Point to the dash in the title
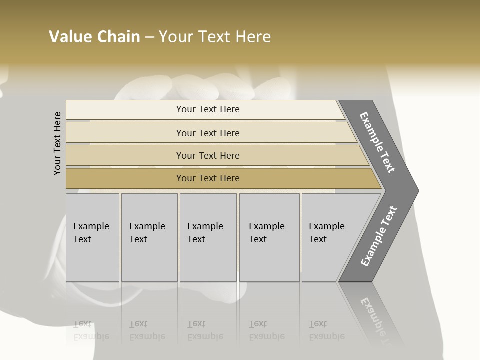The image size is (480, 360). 149,37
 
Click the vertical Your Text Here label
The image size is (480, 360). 57,144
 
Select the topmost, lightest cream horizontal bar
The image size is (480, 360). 207,109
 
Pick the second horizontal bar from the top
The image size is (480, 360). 207,133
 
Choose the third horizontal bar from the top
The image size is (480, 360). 207,155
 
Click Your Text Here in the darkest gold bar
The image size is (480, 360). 207,178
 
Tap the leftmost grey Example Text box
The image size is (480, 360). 92,237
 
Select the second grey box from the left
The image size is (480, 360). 149,237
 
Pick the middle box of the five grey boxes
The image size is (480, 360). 208,237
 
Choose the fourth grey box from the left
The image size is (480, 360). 269,237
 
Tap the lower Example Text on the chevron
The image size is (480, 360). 379,236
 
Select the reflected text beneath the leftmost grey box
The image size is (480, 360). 91,330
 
